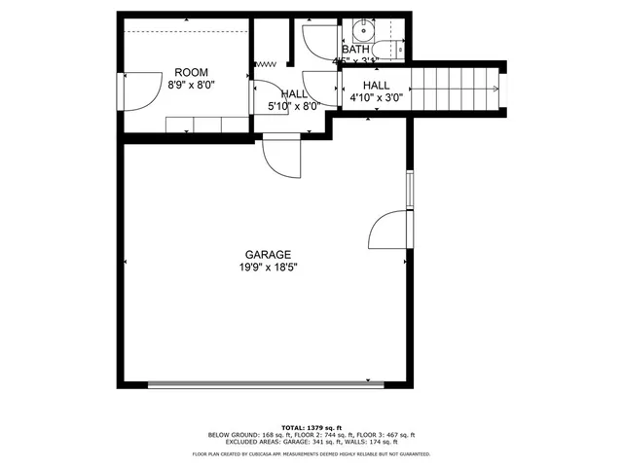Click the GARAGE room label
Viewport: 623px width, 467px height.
tap(262, 254)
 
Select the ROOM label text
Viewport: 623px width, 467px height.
tap(190, 72)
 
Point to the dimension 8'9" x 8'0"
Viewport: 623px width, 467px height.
tap(190, 85)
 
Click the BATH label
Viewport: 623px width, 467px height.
tap(355, 49)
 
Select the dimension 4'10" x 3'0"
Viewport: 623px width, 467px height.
tap(376, 97)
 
